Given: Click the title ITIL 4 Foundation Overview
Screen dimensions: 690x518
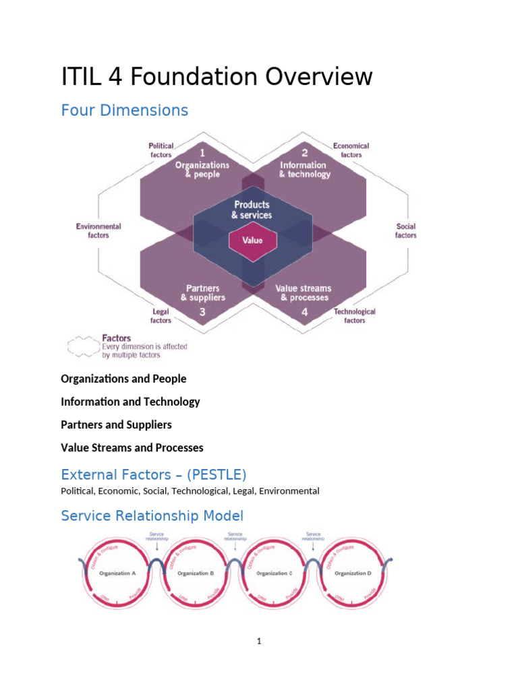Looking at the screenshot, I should point(217,77).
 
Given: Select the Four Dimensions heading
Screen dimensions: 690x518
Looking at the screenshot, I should point(124,110).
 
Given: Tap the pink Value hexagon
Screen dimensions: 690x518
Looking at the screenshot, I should point(252,240).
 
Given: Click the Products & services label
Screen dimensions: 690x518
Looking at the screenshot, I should point(252,210).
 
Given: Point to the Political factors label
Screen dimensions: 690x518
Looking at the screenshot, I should point(161,150).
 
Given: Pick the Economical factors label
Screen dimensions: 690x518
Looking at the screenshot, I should point(351,150).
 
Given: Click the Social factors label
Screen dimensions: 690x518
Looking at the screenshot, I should point(406,230).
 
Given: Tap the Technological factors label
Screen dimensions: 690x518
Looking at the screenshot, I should point(355,315).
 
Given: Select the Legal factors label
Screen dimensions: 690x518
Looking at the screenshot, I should point(161,315).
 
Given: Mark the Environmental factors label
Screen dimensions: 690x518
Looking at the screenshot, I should point(98,230).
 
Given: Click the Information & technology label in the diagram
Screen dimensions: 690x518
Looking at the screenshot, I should point(304,169).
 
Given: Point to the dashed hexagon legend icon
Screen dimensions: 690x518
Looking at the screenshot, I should point(81,346).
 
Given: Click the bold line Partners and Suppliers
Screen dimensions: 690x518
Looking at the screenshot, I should point(116,425).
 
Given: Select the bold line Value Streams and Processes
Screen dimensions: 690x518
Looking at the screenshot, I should point(132,447).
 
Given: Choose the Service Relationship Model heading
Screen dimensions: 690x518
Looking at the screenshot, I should point(152,516).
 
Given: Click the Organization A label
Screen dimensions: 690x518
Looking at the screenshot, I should point(117,573).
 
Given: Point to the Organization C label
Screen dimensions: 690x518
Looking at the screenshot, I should point(272,573).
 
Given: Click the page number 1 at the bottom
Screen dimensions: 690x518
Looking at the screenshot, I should point(258,641).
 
